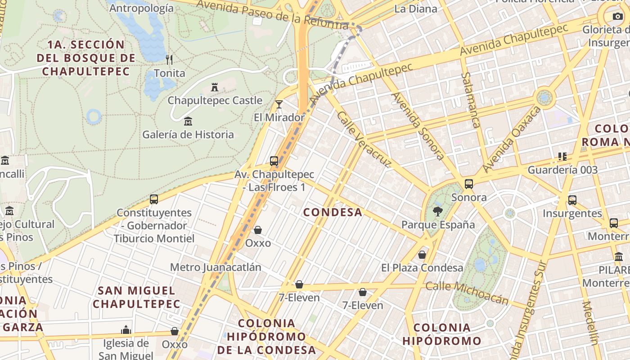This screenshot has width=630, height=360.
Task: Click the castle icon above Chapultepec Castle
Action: click(x=215, y=87)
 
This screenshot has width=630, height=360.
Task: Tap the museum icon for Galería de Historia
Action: click(x=188, y=121)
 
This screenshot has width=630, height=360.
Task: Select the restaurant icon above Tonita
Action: click(x=169, y=59)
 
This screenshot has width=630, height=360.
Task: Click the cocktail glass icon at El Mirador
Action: click(x=279, y=104)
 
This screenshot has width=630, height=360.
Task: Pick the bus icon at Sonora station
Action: click(x=469, y=184)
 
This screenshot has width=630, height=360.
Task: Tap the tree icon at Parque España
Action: click(x=437, y=211)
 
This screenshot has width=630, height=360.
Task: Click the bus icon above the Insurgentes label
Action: click(x=572, y=200)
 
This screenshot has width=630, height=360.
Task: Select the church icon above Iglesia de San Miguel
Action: click(x=126, y=330)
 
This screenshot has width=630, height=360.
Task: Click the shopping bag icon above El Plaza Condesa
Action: click(x=422, y=255)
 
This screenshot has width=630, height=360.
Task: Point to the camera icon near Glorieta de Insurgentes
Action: click(x=617, y=17)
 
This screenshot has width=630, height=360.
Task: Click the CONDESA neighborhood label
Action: click(x=333, y=212)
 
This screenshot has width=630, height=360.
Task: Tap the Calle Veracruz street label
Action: click(x=364, y=139)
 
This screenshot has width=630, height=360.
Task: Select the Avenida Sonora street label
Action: click(x=418, y=126)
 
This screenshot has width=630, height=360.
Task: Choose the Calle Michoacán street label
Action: click(x=467, y=292)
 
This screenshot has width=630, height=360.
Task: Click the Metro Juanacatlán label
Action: click(x=216, y=267)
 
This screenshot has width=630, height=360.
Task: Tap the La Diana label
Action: click(x=415, y=9)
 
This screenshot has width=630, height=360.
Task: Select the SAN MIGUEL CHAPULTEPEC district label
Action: click(x=136, y=297)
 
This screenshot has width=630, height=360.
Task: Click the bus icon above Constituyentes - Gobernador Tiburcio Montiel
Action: click(x=154, y=199)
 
